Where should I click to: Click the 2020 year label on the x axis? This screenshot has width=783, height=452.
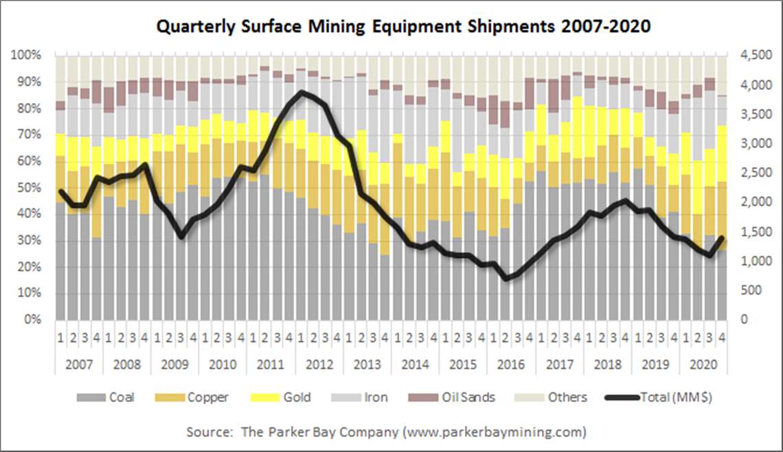701,364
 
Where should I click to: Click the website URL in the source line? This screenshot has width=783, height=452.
495,432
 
